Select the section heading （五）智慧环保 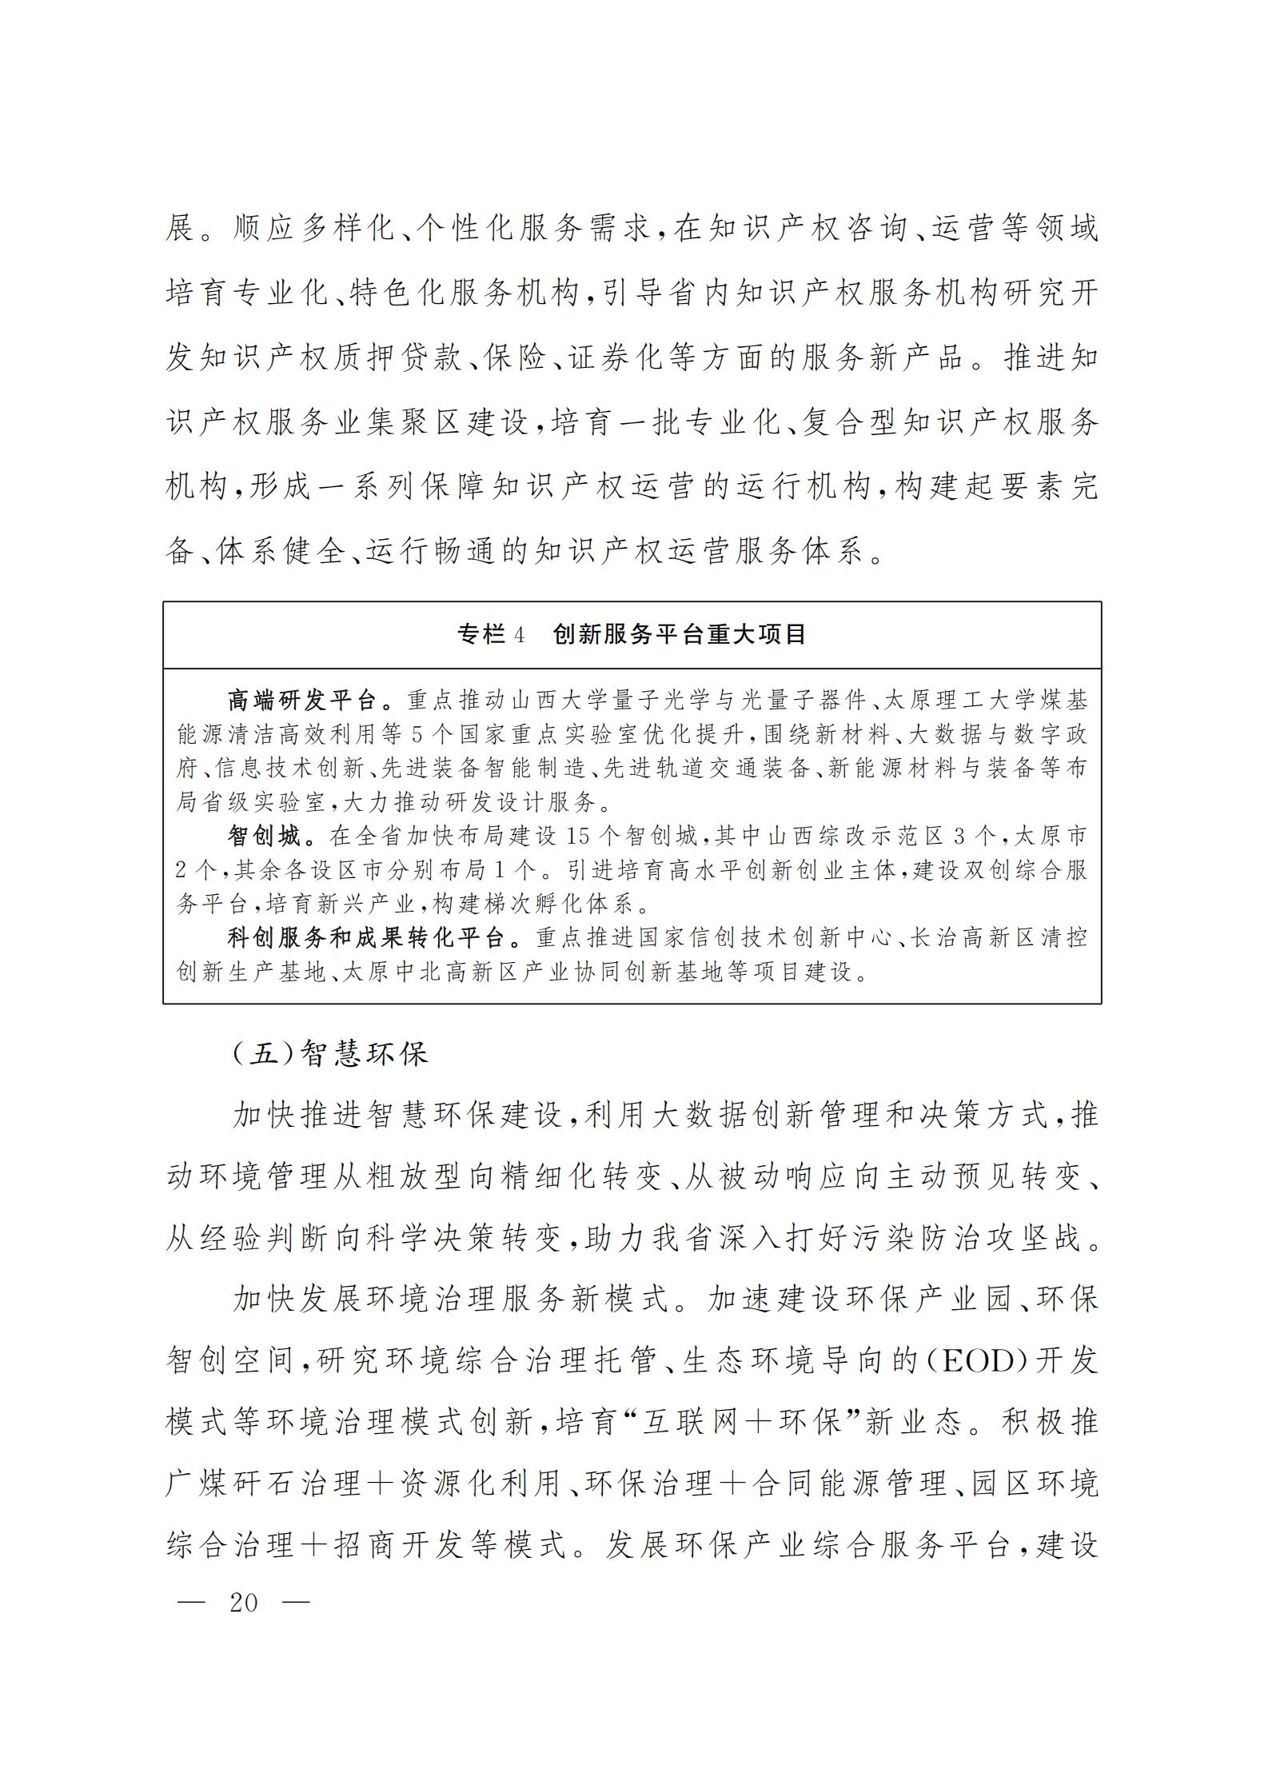click(329, 1053)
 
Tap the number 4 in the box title click(519, 635)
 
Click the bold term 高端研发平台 click(302, 701)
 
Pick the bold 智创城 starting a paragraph click(263, 837)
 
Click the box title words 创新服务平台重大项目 click(679, 635)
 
